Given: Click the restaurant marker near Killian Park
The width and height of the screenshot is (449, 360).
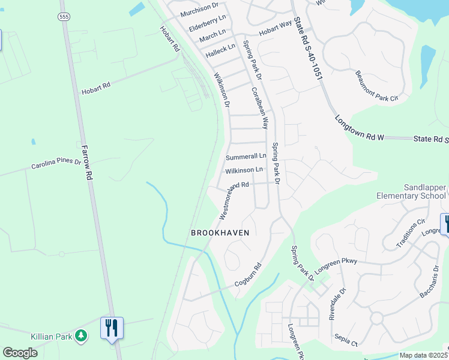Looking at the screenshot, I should point(112,328).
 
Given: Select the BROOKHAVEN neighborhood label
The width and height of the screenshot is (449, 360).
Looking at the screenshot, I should point(220,232).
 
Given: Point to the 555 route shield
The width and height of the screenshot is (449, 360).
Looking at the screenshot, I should point(64,17).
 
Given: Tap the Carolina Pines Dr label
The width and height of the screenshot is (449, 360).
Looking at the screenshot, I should point(56,164).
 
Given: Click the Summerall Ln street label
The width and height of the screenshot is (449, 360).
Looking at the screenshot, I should point(246,157).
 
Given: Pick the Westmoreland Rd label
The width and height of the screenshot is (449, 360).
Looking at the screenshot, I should point(234,199).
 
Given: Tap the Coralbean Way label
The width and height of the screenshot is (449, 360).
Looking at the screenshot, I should point(259,108).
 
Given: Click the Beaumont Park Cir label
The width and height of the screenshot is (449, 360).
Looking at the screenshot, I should point(376,86).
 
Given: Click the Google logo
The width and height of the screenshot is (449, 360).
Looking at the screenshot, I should point(20,353).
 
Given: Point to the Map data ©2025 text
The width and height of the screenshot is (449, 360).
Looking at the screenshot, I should point(423,355).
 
